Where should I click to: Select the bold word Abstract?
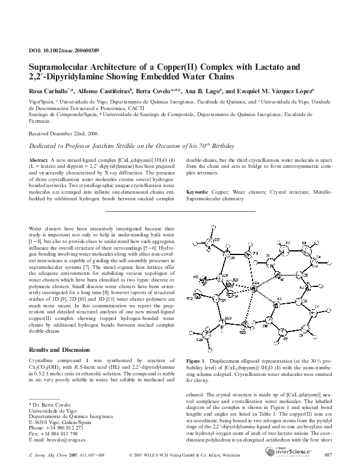coord(38,160)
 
